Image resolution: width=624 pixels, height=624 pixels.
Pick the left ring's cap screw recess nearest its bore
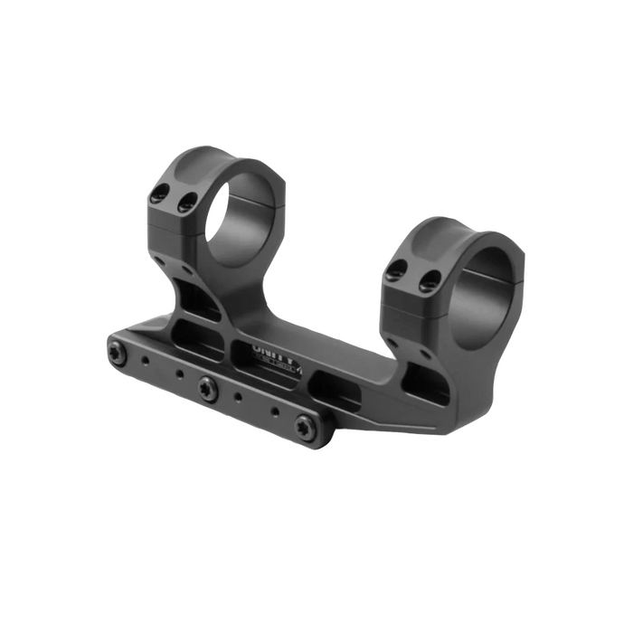click(187, 203)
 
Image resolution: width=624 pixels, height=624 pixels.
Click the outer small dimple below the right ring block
click(393, 341)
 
